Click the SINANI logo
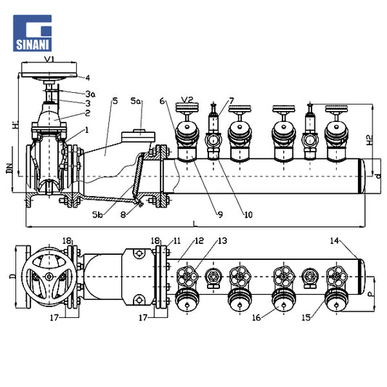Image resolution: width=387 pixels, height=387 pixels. (33, 33)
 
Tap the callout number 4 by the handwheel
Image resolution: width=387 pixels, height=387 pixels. (88, 78)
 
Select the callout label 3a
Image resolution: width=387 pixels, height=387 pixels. (91, 94)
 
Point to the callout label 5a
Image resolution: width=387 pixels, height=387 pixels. (136, 101)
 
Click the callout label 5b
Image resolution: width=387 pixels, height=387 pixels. (97, 215)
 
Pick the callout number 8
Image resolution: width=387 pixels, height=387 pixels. (123, 215)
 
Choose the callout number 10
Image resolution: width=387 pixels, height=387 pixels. (248, 215)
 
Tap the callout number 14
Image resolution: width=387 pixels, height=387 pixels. (335, 240)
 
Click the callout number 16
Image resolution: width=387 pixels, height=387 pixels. (256, 317)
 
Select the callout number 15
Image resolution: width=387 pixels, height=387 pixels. (306, 317)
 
